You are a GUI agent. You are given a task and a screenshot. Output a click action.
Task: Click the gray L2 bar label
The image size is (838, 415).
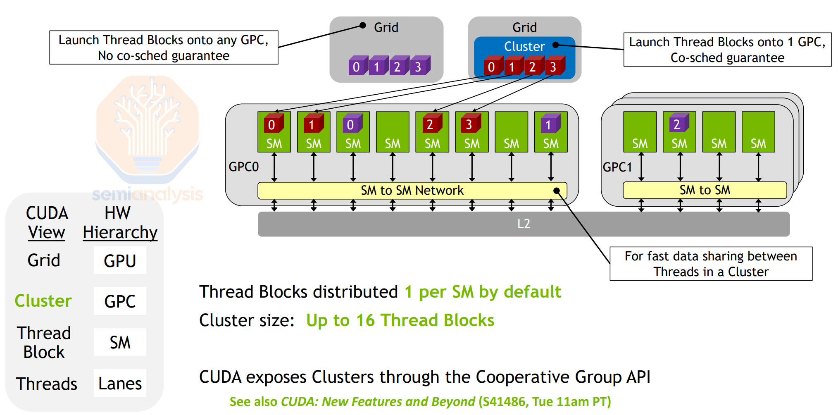[524, 224]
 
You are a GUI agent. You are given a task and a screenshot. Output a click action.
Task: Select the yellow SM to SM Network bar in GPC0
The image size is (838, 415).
[412, 191]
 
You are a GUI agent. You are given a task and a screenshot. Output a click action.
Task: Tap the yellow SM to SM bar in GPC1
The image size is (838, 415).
[705, 190]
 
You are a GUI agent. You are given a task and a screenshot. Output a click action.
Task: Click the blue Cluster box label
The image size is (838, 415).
[524, 46]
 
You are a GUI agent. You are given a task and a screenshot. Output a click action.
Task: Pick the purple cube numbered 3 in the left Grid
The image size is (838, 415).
[419, 66]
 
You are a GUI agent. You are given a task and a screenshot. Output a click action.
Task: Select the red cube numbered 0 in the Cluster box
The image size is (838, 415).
[492, 66]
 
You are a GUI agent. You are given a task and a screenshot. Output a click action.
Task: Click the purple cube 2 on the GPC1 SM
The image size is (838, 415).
[678, 124]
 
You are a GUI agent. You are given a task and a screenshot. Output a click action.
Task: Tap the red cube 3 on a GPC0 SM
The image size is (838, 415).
[470, 124]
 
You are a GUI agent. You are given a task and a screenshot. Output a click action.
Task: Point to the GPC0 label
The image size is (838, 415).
[243, 167]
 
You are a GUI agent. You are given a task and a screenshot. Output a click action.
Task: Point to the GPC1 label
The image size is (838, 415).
[617, 167]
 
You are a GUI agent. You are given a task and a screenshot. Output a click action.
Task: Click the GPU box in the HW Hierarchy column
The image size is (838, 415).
[120, 261]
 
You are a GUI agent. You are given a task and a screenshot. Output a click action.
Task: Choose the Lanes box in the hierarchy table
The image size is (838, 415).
[120, 384]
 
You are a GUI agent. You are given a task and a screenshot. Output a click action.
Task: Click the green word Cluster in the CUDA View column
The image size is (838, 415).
[43, 301]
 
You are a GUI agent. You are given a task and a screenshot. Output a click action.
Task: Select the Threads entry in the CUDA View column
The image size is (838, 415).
[46, 384]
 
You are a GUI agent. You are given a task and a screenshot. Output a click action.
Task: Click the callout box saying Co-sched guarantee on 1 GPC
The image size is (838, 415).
[727, 50]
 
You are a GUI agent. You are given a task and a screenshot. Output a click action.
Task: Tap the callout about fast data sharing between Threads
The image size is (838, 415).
[711, 264]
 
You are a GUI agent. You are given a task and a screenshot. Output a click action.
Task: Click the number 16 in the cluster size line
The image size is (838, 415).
[365, 320]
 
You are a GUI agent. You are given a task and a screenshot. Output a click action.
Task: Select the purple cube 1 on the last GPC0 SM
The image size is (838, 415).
[549, 124]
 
